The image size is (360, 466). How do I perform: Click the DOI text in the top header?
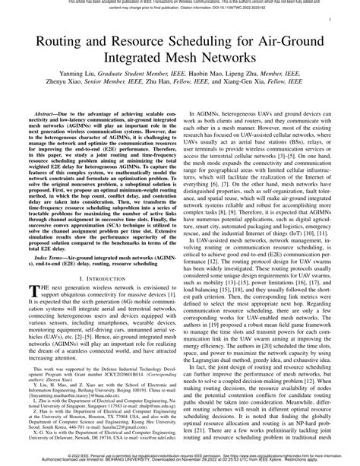pos(261,9)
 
